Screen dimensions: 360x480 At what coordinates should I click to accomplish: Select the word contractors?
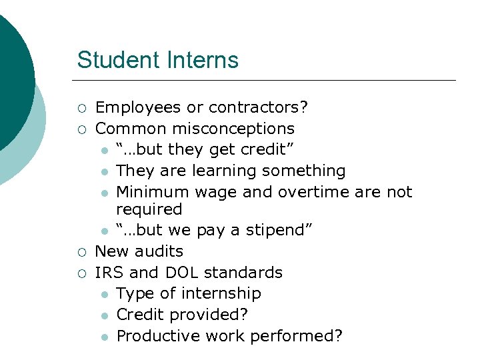(258, 107)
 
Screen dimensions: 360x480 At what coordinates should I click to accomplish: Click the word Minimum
(153, 192)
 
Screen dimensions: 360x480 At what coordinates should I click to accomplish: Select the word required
(149, 209)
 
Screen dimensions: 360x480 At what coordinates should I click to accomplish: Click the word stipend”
(279, 231)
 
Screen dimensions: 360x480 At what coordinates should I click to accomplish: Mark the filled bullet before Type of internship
(105, 294)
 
